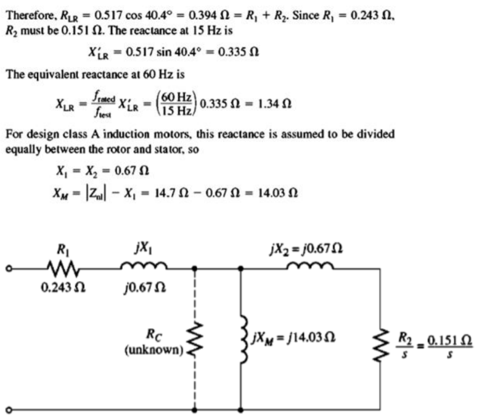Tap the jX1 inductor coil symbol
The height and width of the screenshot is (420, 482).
click(x=143, y=267)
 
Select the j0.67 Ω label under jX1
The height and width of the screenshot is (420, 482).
click(x=142, y=288)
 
